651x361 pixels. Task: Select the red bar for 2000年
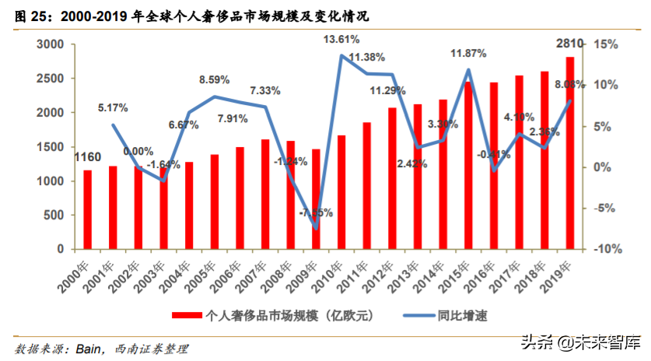pos(88,209)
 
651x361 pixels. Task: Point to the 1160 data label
pos(87,158)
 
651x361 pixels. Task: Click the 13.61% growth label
pos(341,38)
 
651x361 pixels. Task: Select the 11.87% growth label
pos(469,54)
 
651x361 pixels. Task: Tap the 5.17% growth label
pos(113,107)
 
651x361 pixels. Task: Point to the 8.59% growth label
pos(214,79)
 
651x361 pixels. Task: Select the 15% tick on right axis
pos(605,44)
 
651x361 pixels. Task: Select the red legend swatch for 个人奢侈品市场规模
pos(187,314)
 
